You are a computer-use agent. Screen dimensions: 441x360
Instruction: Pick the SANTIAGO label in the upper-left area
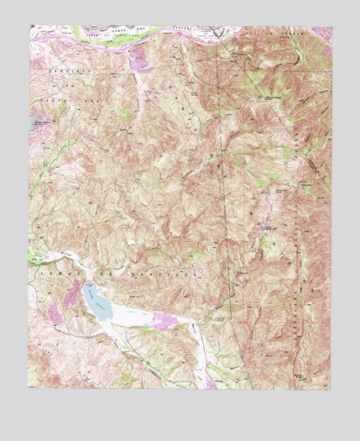click(59, 74)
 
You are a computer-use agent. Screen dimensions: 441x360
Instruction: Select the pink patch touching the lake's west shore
click(58, 312)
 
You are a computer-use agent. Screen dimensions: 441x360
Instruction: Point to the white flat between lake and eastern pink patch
click(126, 314)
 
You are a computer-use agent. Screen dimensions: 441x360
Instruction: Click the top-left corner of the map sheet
click(29, 25)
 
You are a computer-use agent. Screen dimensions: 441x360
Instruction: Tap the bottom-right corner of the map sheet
click(330, 390)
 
